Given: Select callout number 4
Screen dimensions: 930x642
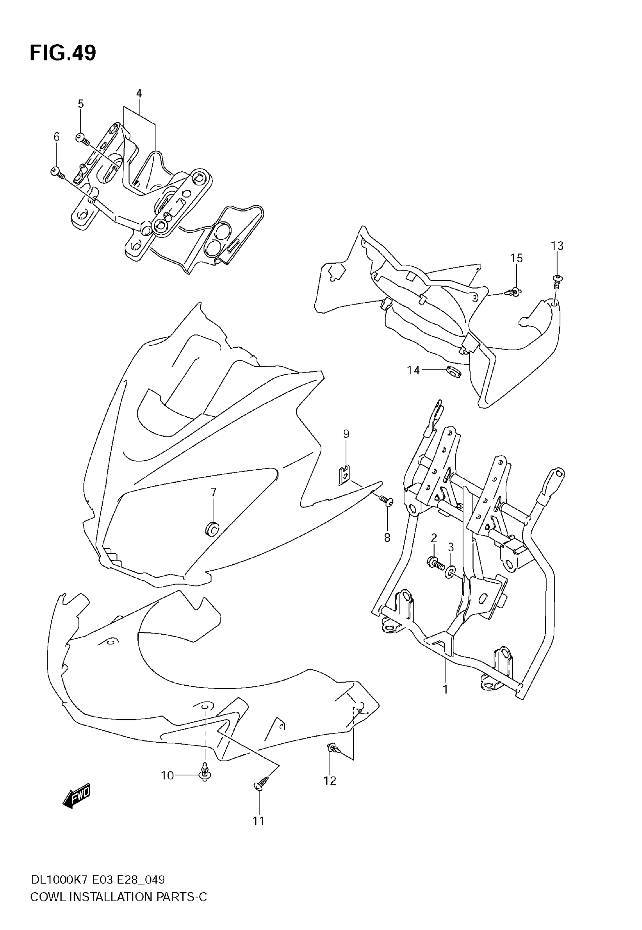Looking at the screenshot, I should click(139, 93).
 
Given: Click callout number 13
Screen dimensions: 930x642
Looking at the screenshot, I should click(557, 246).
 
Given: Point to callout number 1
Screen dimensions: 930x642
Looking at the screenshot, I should click(445, 689).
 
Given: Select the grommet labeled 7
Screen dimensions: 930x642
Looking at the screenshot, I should click(211, 528).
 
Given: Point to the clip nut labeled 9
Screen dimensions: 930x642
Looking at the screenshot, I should click(344, 475).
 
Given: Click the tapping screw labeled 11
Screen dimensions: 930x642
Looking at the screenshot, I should click(261, 783).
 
